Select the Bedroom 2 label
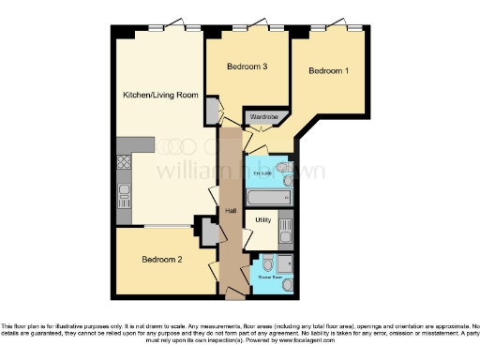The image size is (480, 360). [162, 260]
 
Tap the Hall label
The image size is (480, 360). [231, 211]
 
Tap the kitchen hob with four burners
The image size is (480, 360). [123, 162]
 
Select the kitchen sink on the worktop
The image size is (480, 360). [123, 197]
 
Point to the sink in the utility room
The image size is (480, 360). [286, 226]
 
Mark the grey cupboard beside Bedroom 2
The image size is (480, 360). [202, 230]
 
